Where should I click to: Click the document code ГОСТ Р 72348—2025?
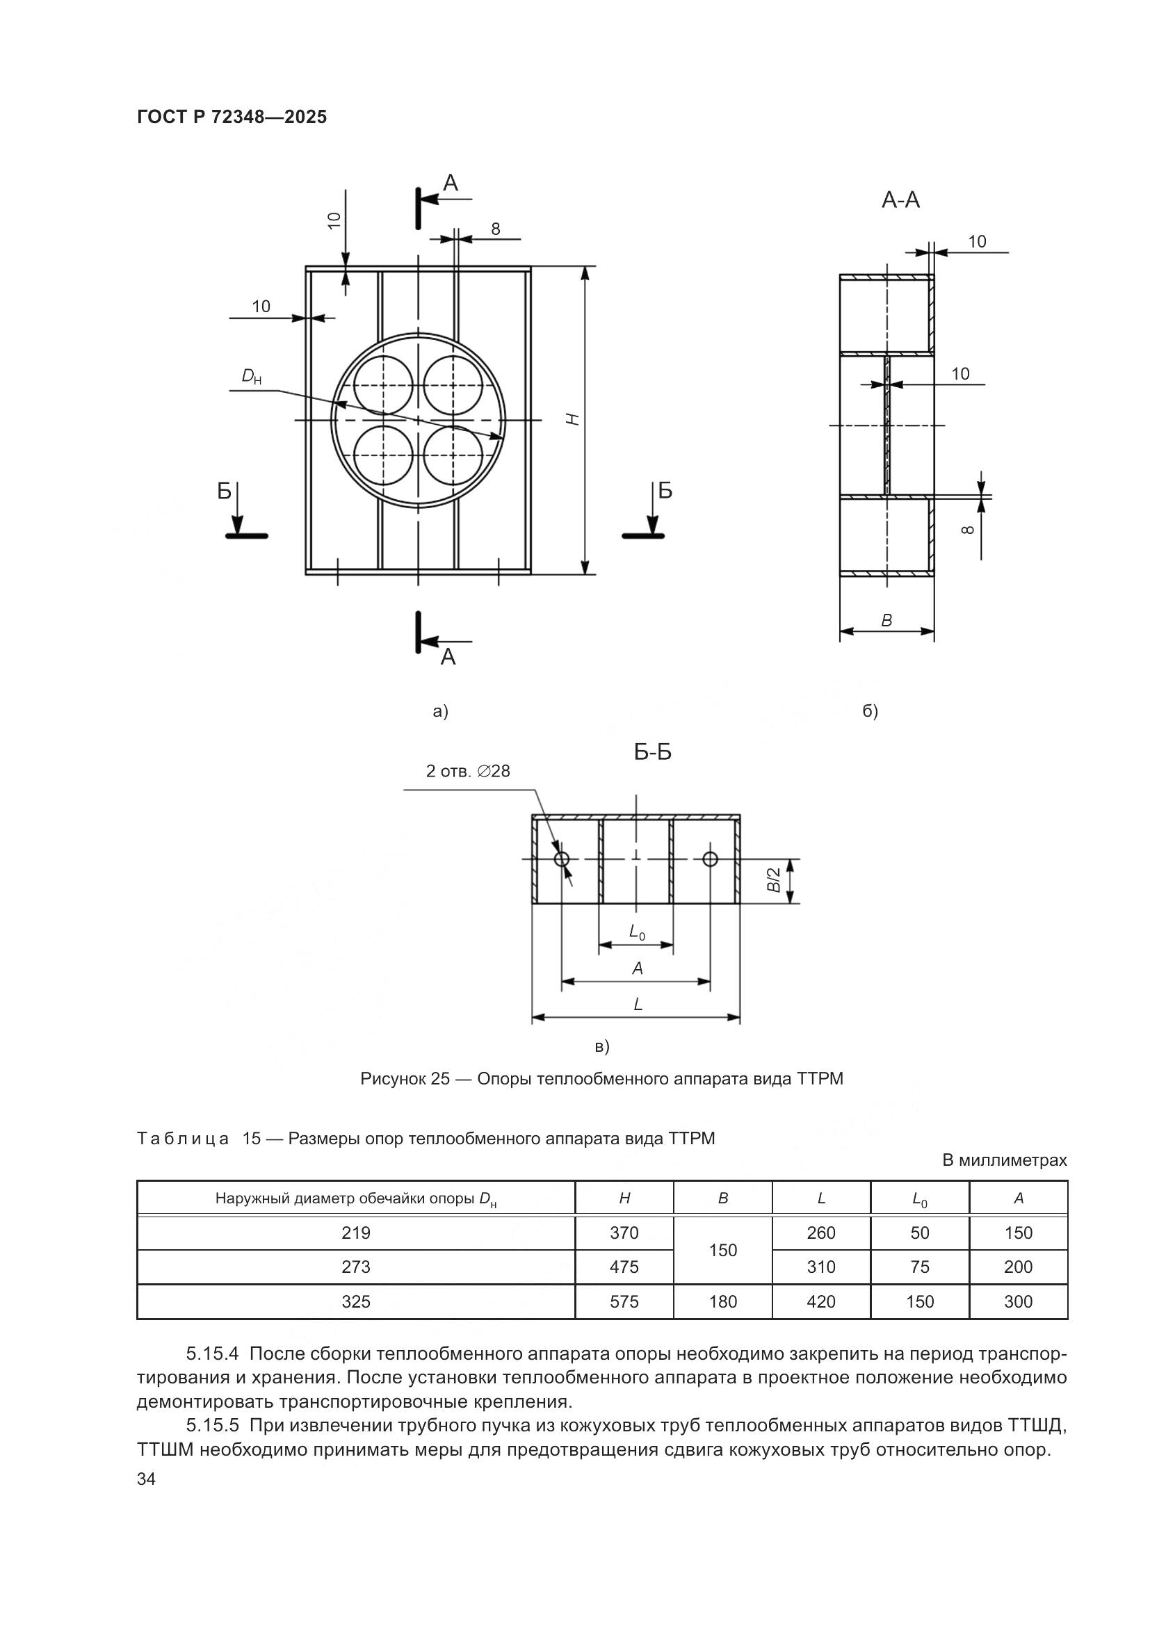point(232,117)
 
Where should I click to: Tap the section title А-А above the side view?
point(900,201)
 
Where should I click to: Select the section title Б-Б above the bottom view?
point(652,752)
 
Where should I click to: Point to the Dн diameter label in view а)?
point(252,376)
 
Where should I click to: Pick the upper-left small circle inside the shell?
point(382,384)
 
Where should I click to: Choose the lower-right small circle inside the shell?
point(453,455)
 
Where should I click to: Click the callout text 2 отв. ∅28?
point(467,771)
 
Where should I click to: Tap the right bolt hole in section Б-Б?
point(711,859)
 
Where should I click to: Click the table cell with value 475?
point(624,1267)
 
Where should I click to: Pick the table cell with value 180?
point(722,1301)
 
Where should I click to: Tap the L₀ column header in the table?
point(920,1199)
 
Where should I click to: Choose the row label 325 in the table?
point(355,1301)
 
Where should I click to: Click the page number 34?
point(146,1479)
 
